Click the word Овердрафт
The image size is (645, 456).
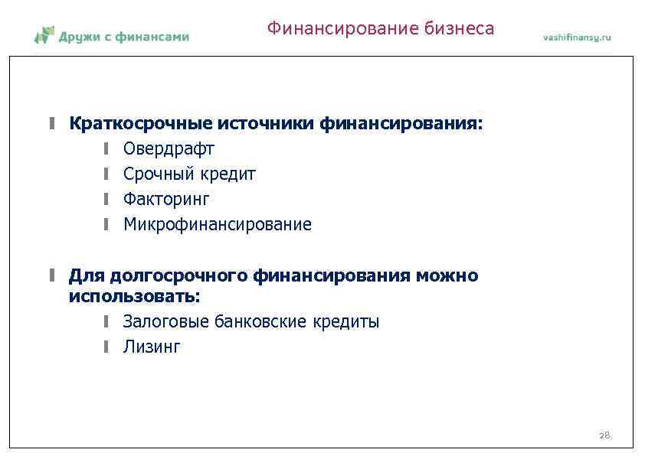[x=169, y=148]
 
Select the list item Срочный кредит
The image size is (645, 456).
[x=189, y=174]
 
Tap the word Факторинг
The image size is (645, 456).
[x=166, y=199]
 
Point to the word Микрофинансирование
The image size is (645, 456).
[x=218, y=224]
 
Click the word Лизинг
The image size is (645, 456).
[x=152, y=347]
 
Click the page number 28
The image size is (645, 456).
[x=604, y=435]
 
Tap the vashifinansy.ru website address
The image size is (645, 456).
[x=577, y=37]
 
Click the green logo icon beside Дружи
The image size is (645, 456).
[x=44, y=35]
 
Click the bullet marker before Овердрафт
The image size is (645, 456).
[x=108, y=148]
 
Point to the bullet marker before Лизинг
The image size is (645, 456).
[x=108, y=347]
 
